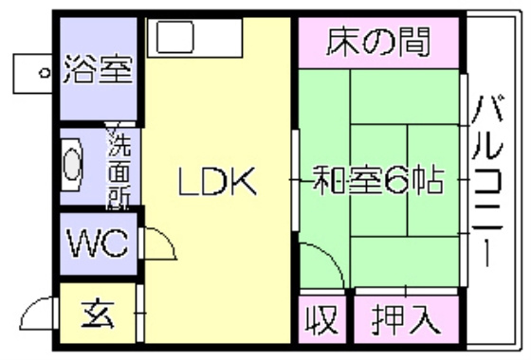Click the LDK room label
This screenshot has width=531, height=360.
(217, 181)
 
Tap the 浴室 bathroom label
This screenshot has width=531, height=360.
(98, 69)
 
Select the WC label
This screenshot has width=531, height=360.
(99, 243)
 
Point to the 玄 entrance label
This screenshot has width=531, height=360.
(98, 315)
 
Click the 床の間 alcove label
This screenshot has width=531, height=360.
(378, 42)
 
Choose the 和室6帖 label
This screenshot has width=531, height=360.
(377, 179)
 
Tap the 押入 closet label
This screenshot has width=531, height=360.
(406, 319)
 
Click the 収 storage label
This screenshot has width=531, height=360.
(322, 319)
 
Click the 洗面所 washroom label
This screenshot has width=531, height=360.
(119, 167)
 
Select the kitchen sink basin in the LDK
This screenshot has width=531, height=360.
(174, 37)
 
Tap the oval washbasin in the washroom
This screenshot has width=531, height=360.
(72, 165)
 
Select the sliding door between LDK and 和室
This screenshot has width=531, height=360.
(296, 180)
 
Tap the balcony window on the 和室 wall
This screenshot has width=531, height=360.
(464, 180)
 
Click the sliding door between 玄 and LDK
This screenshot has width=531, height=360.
(140, 313)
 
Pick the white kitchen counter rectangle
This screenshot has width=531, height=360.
(195, 38)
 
